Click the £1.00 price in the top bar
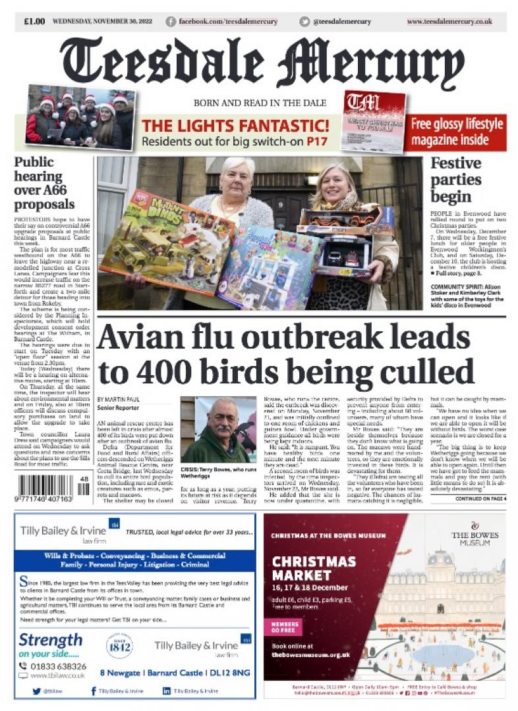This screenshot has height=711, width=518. [x=34, y=22]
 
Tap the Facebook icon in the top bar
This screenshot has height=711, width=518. [x=171, y=22]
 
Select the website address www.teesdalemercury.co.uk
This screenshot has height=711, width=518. [x=449, y=22]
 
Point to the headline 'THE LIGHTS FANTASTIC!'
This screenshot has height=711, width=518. [x=235, y=125]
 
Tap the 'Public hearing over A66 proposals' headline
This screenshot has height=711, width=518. [x=44, y=183]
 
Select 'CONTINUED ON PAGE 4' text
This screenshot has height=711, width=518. [x=480, y=499]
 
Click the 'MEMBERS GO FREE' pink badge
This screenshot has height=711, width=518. [x=285, y=626]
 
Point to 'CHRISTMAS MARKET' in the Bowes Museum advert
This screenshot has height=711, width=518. [x=314, y=569]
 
